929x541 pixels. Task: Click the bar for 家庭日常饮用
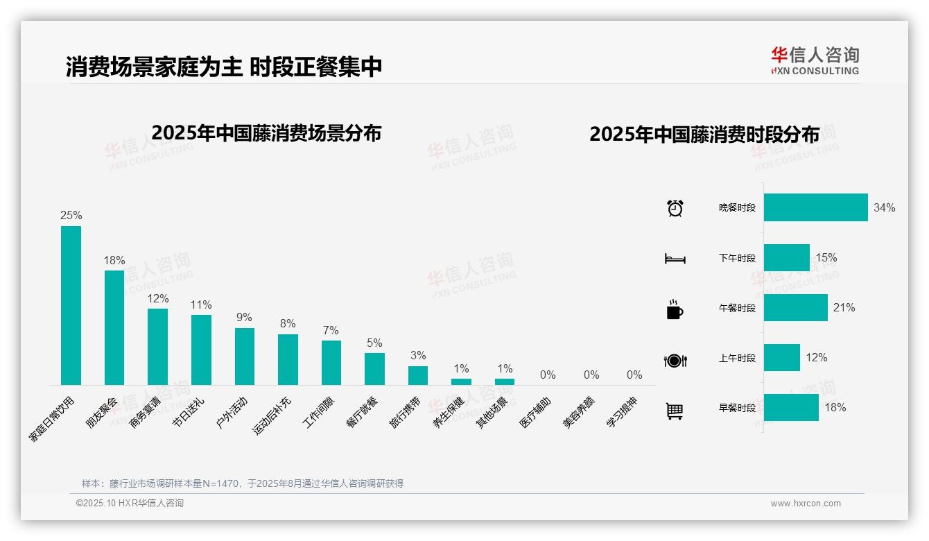pyautogui.click(x=71, y=305)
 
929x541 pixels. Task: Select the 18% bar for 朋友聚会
pyautogui.click(x=114, y=327)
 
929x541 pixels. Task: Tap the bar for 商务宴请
pyautogui.click(x=157, y=346)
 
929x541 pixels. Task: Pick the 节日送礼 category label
pyautogui.click(x=189, y=413)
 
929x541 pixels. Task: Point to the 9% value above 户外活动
pyautogui.click(x=244, y=318)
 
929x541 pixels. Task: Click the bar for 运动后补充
pyautogui.click(x=288, y=359)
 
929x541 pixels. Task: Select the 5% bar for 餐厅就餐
pyautogui.click(x=374, y=368)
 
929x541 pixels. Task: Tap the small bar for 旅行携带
pyautogui.click(x=418, y=375)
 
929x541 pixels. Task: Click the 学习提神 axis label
pyautogui.click(x=622, y=413)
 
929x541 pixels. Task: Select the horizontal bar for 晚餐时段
pyautogui.click(x=815, y=207)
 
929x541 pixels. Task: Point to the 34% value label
pyautogui.click(x=884, y=207)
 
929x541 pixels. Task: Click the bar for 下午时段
pyautogui.click(x=786, y=257)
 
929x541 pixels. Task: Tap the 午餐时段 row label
pyautogui.click(x=737, y=308)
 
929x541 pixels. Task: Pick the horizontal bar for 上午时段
pyautogui.click(x=781, y=358)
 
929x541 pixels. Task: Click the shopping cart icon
pyautogui.click(x=675, y=411)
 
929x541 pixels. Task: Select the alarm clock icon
pyautogui.click(x=675, y=208)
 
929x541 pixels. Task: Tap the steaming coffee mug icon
pyautogui.click(x=674, y=309)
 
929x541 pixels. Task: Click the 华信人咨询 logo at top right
pyautogui.click(x=815, y=60)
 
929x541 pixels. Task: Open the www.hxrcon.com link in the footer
pyautogui.click(x=805, y=504)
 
